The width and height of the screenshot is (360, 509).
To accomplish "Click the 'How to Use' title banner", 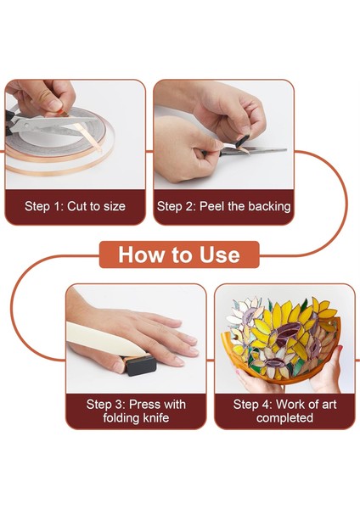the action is pos(179,255).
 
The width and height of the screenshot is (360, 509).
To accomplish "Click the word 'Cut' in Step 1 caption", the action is pos(78,206).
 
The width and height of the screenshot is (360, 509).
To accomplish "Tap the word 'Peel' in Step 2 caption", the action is pos(212,206).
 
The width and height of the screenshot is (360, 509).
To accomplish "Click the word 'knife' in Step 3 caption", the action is pos(156,417).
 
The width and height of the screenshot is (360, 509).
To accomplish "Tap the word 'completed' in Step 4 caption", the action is pos(284,418).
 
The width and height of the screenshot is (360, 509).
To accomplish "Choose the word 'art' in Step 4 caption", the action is pos(327,405).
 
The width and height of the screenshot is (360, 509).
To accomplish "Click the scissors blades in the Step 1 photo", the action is pos(48,126).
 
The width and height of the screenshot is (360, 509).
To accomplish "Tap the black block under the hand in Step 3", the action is pos(139,365).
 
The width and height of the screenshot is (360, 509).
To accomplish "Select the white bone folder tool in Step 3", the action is pos(104,339).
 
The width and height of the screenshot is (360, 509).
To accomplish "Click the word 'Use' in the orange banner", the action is pos(220,255).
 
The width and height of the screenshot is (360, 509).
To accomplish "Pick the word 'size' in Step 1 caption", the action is pos(115,206).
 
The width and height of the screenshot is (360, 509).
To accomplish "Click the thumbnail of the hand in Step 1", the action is pos(54,104).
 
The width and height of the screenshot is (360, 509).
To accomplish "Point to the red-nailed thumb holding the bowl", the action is pos(338,354).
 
